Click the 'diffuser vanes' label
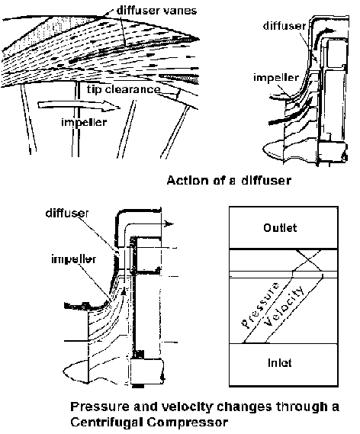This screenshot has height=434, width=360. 156,11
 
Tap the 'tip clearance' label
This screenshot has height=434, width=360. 124,89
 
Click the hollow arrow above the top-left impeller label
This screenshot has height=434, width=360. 79,105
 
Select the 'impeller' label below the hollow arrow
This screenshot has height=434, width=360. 84,122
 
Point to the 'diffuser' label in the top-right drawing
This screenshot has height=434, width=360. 284,26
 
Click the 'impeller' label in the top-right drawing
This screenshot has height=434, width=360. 276,78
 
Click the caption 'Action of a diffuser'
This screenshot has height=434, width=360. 229,180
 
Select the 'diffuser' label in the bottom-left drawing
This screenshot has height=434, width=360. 66,213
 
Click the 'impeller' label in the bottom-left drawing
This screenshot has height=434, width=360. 74,259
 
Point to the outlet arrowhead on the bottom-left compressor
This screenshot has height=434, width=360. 169,224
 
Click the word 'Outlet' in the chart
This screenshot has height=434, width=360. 280,228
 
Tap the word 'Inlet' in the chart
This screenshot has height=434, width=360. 279,362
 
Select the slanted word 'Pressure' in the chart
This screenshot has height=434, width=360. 260,305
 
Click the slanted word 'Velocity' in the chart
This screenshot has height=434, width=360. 284,305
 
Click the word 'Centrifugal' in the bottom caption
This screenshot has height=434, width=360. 106,423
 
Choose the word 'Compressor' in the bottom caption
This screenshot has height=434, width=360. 188,423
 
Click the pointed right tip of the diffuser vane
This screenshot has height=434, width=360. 199,39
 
